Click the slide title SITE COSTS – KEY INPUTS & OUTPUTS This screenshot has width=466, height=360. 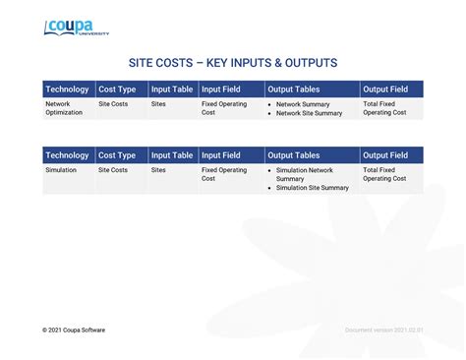233,63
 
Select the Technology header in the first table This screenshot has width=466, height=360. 67,90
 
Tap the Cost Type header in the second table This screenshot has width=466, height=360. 117,155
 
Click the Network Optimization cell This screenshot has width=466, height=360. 65,107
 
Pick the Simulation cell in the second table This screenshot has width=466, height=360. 60,170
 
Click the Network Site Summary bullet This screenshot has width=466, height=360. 309,113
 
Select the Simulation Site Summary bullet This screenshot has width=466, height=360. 312,187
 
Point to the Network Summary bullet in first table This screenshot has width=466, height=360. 302,103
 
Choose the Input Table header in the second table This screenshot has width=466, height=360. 172,155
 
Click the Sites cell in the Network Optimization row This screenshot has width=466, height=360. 158,103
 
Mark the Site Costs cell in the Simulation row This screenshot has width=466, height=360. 113,170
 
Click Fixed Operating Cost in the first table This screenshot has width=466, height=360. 224,107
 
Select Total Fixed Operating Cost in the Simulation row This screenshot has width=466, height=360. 384,174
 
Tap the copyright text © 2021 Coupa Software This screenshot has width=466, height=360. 74,330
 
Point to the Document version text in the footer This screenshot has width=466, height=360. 383,330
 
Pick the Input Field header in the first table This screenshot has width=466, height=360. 221,90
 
